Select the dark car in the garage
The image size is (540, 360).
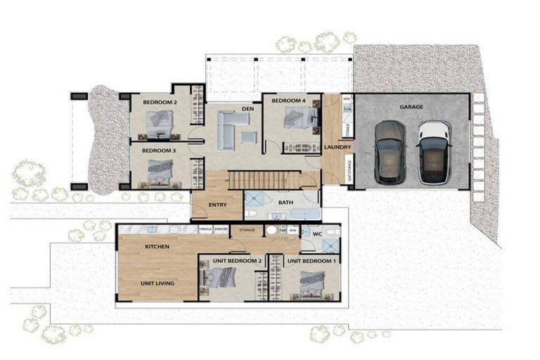tap(390, 152)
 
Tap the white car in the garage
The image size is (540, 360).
tap(433, 152)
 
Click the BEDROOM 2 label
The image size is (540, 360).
tap(160, 103)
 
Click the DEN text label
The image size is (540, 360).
tap(247, 109)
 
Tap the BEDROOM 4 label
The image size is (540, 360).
tap(288, 101)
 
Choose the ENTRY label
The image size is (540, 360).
tap(217, 205)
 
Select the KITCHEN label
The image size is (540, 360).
tap(158, 247)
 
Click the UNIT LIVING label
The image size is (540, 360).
tap(158, 283)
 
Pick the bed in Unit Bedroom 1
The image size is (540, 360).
tap(310, 281)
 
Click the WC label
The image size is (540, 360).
tap(316, 232)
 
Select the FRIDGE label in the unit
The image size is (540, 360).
tap(205, 229)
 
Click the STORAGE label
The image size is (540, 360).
tap(247, 229)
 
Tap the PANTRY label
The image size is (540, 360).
tap(221, 229)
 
